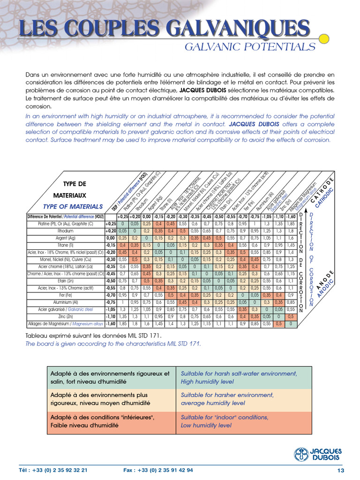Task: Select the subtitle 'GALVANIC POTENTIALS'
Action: pos(249,47)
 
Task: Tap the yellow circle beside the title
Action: pos(323,38)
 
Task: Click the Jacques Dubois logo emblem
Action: pos(302,454)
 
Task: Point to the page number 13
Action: pos(341,470)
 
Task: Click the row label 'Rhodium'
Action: pos(66,231)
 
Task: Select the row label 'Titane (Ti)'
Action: pos(66,245)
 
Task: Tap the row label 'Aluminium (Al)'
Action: pos(66,302)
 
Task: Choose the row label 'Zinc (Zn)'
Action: pos(66,316)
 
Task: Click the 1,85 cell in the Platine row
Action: pos(291,224)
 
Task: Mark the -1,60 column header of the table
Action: pos(291,217)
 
